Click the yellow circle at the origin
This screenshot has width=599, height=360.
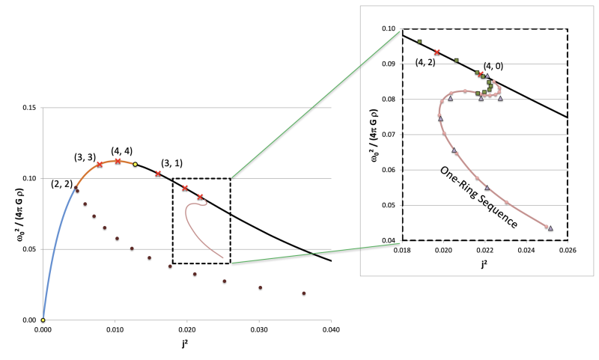43,320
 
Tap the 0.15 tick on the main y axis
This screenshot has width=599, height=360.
30,108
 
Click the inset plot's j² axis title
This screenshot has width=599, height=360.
484,261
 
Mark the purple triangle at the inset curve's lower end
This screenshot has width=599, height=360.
550,228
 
